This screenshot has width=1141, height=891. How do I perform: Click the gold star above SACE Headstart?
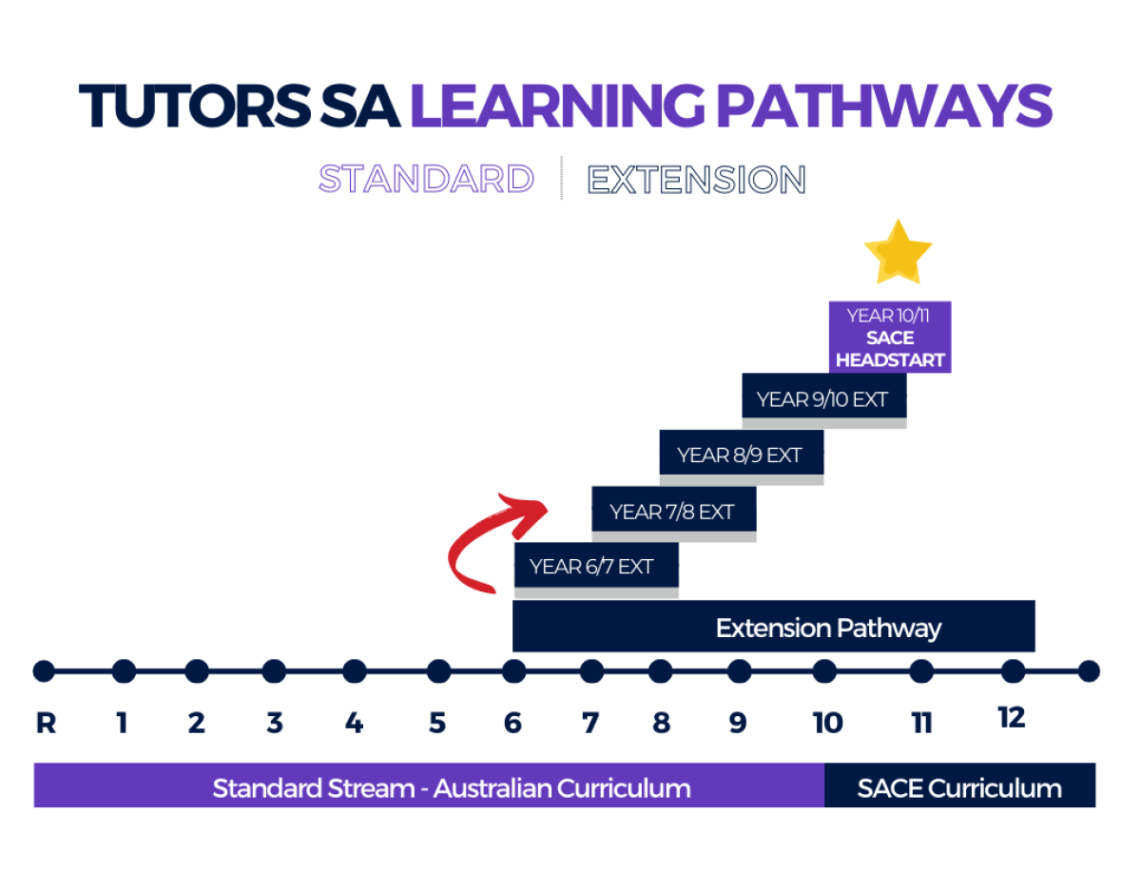point(898,253)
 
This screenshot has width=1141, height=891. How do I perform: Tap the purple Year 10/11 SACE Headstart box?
point(889,337)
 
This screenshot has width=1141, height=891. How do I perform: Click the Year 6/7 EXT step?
point(596,565)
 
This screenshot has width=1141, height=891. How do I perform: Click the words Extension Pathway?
point(828,628)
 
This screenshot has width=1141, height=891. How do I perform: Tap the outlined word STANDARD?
point(426,179)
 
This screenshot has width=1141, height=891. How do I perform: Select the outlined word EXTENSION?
point(696,180)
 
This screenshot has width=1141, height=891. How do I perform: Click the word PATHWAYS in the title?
point(884,107)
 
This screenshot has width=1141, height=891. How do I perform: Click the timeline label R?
point(46,723)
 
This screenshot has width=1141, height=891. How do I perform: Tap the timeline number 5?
point(436,723)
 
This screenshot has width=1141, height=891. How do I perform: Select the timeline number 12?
point(1011,718)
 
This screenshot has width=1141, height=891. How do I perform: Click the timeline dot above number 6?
point(513,671)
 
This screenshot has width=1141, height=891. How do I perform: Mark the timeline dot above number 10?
point(823,671)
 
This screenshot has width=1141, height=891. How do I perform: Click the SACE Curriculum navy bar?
point(959,784)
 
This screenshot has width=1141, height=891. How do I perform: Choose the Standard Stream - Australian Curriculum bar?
point(429,784)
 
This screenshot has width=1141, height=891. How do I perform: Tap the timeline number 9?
point(737,723)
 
